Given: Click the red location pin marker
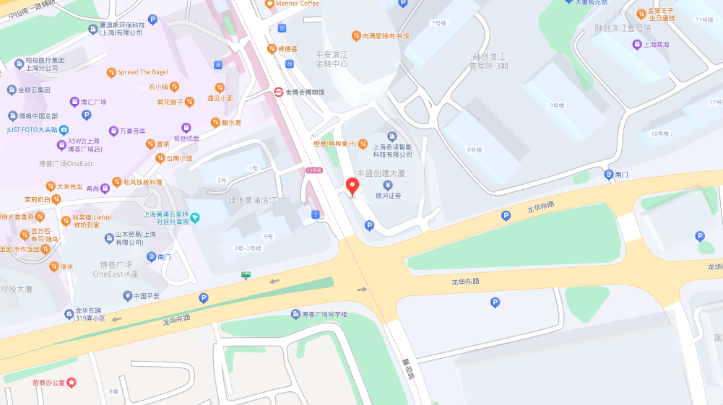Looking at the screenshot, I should point(353,186).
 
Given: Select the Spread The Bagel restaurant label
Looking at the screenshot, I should point(142,72).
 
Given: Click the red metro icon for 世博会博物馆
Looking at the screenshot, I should point(278,92).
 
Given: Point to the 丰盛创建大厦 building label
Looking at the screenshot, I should point(381,173).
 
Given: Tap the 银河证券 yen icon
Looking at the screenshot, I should point(388,185).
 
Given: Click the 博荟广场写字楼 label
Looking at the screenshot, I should point(324,314).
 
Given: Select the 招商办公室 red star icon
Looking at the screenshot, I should point(71,382).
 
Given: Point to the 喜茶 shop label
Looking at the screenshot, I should point(163,144).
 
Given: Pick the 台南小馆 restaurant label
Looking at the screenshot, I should point(179,158).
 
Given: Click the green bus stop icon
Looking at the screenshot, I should point(246,274).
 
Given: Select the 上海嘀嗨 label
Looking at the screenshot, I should point(656,45).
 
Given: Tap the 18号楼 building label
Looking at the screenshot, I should point(659,134).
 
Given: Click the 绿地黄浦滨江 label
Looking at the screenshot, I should point(252,200).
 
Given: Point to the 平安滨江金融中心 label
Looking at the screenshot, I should point(332,59).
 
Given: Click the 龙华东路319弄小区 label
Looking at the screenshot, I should point(90,314).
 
